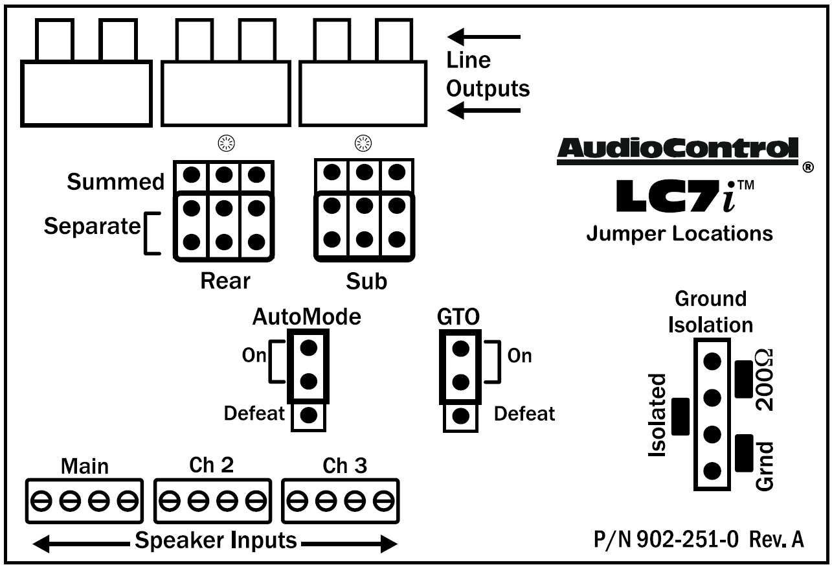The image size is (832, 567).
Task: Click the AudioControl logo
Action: click(x=677, y=151)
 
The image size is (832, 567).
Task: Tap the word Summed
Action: click(x=115, y=181)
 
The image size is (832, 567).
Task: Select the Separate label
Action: click(x=92, y=226)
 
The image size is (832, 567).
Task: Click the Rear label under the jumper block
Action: click(x=225, y=281)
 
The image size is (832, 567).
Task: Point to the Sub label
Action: click(x=366, y=281)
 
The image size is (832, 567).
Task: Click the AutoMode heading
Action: click(x=306, y=317)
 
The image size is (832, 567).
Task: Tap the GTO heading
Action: click(x=458, y=317)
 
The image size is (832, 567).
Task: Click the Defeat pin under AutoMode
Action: click(x=308, y=415)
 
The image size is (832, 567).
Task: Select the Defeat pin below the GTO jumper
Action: click(x=460, y=415)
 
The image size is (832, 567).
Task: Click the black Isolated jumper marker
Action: click(x=680, y=417)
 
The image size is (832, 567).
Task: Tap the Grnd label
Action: click(x=765, y=466)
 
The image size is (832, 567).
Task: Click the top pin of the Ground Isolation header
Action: click(x=712, y=362)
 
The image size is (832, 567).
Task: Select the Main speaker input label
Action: click(x=85, y=467)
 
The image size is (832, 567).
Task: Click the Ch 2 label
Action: click(x=211, y=465)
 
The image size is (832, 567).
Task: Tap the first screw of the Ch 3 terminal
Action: click(x=297, y=501)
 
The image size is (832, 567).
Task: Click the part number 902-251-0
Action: click(x=688, y=540)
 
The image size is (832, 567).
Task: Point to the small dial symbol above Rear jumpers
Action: click(x=226, y=143)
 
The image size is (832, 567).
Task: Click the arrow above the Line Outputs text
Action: click(x=484, y=37)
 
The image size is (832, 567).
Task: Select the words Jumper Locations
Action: click(x=679, y=234)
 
